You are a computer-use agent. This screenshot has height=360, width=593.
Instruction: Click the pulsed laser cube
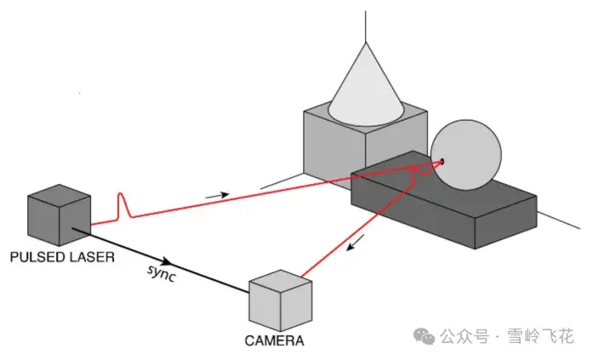coord(60,215)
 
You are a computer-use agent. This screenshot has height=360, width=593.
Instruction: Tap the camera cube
coord(280,300)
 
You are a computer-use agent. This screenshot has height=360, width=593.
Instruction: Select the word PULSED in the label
coord(31,257)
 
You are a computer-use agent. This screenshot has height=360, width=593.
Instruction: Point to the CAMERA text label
coord(274,340)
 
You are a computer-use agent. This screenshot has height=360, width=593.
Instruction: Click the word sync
coord(162,273)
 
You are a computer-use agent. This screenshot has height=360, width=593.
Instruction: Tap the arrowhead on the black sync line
coord(166,261)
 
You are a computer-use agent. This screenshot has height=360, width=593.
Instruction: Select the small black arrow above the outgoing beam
coord(217,196)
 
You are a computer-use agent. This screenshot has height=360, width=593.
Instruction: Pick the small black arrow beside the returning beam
coord(356,242)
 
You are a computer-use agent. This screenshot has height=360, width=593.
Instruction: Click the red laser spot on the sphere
coord(442,162)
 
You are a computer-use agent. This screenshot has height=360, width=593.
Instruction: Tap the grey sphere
coord(466,155)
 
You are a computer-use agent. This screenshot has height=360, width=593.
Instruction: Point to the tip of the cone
coord(366,43)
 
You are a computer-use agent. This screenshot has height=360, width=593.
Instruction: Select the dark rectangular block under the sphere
coord(444,200)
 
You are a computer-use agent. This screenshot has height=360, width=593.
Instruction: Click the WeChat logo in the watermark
coord(424,336)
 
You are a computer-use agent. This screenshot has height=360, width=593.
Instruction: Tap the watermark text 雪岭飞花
coord(540,336)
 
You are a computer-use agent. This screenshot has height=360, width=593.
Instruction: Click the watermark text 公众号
coord(465,336)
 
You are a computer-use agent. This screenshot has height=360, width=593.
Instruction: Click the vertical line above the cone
coord(366,26)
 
